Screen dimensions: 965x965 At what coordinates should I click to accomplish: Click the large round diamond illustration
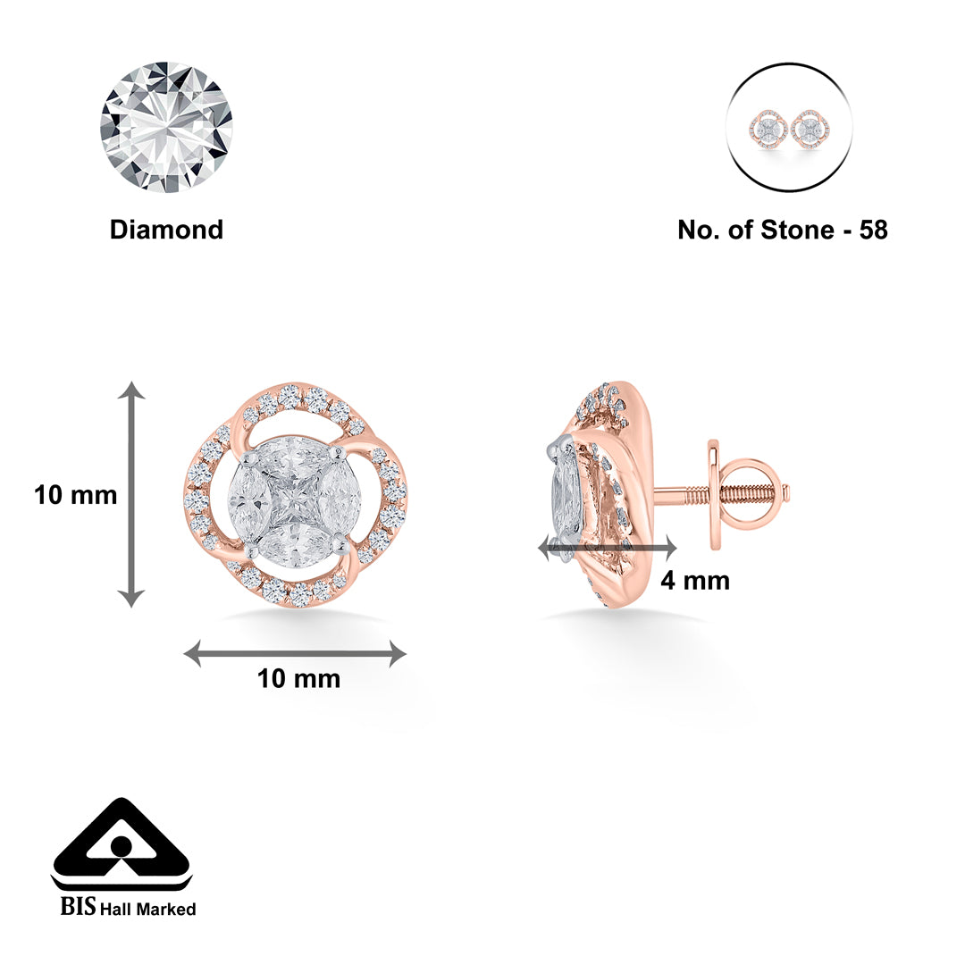tap(166, 127)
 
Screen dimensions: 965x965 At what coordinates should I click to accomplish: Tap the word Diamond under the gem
tap(166, 230)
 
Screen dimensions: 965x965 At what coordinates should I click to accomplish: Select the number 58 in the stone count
tap(873, 230)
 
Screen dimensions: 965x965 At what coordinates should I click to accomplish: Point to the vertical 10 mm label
tap(76, 494)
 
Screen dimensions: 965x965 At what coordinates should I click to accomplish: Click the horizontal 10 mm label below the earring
tap(298, 679)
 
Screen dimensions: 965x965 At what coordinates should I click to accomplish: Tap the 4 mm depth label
tap(694, 581)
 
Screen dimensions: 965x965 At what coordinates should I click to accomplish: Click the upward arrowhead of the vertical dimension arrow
tap(132, 390)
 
